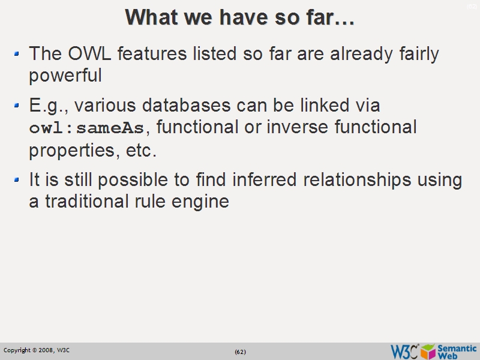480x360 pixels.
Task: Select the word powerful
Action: coord(65,76)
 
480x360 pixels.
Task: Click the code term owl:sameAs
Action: coord(87,128)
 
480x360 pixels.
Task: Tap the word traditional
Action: coord(85,202)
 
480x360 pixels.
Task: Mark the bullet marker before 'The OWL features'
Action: coord(17,55)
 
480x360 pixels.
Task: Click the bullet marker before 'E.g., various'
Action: coord(17,106)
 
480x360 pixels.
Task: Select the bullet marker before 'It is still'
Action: coord(17,181)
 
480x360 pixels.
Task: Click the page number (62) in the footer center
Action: coord(240,351)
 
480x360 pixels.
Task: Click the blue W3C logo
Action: coord(404,351)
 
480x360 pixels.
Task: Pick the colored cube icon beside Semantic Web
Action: coord(428,351)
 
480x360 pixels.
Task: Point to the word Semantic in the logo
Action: coord(457,347)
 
